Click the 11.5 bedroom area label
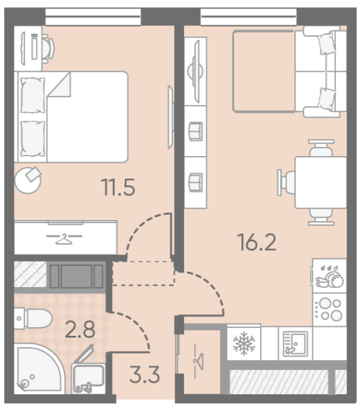coord(118,188)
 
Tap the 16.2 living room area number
coord(257,242)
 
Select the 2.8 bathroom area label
coord(80,329)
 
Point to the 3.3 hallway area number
coord(145,374)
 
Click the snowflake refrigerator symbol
coord(244,343)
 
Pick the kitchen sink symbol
coord(295,344)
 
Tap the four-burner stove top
coord(330,309)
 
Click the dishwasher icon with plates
coord(330,276)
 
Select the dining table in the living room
coord(321,183)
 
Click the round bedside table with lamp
coord(28,180)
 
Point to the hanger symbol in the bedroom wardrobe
coord(64,238)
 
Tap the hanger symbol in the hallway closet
coord(198,361)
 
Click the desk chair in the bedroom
coord(48,48)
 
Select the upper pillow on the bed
coord(33,95)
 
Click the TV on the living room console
coord(197,71)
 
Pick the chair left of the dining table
coord(286,183)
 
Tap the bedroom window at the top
coord(93,17)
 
